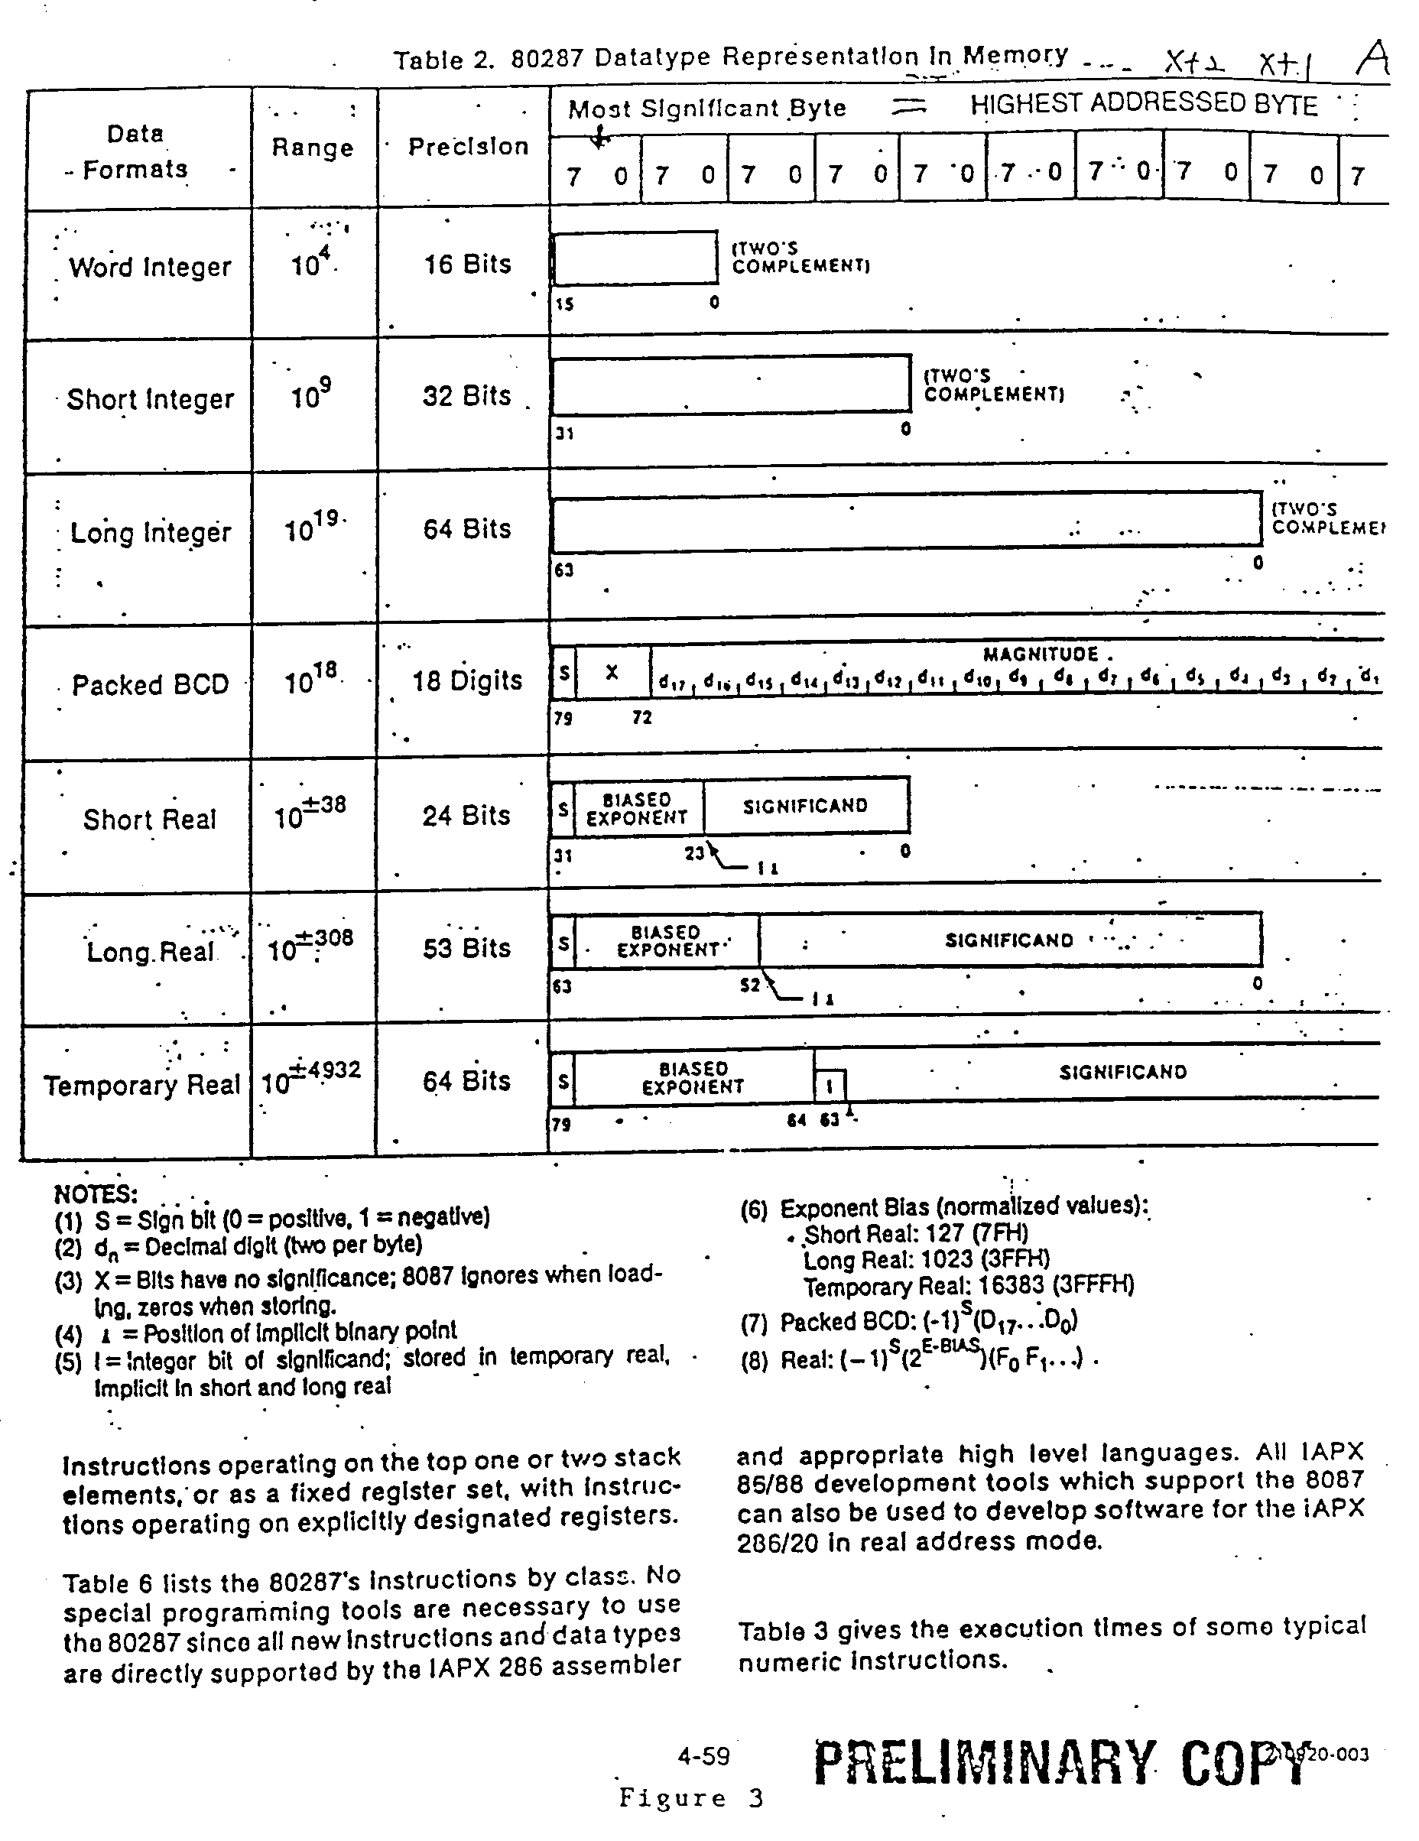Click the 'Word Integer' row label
(149, 268)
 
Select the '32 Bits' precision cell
(466, 396)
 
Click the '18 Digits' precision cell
(466, 681)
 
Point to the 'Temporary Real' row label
(141, 1085)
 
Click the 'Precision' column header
(468, 147)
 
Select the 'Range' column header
(312, 148)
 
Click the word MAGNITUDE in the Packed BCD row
(1041, 654)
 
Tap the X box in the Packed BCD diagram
(613, 673)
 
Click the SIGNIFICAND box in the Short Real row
(805, 806)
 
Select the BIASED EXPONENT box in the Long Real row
(666, 940)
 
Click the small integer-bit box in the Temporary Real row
(830, 1086)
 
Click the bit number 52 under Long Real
(749, 985)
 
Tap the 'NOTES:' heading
(96, 1193)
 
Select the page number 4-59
(703, 1757)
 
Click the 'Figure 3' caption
(690, 1798)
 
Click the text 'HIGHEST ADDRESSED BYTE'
(1143, 105)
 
